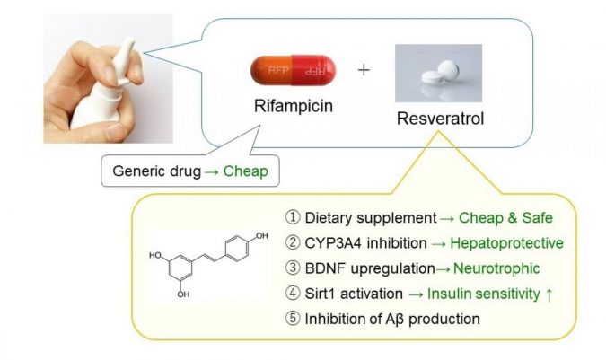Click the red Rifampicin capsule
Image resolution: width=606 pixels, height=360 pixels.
[293, 69]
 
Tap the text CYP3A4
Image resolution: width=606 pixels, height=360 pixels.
[334, 241]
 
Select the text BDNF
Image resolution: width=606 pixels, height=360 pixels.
[327, 267]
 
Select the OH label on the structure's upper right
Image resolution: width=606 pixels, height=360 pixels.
[260, 235]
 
